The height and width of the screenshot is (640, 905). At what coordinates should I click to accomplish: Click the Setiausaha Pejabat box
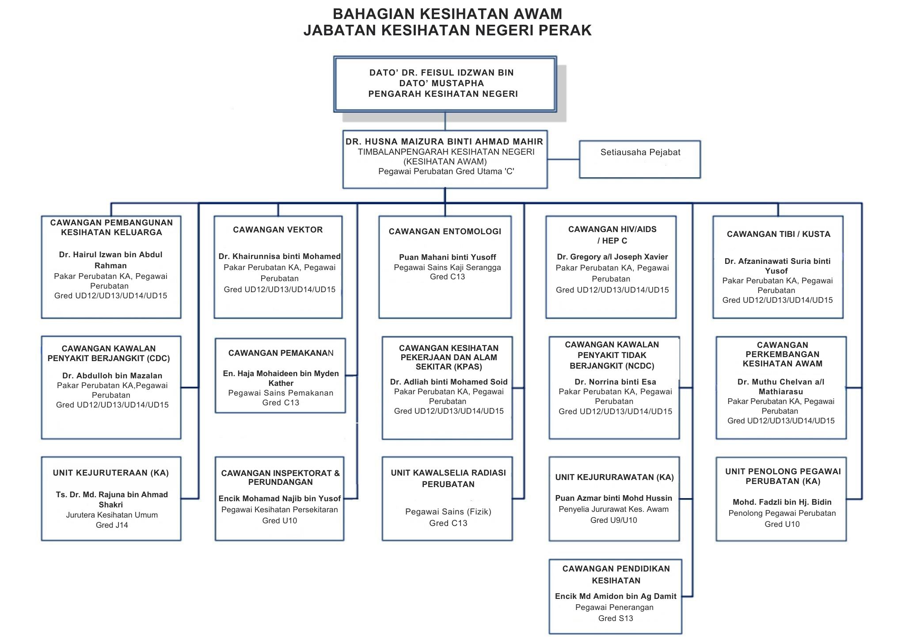tap(639, 159)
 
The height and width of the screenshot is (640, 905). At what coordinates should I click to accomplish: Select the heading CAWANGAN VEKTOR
tap(278, 230)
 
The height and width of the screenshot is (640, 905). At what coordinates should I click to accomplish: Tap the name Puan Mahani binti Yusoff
tap(447, 257)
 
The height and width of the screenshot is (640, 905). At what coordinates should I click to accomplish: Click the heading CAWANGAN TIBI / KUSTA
tap(778, 234)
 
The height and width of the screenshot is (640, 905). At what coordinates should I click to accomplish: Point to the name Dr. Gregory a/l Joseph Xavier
tap(612, 257)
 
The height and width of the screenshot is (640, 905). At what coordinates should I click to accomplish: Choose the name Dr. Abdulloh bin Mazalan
tap(112, 376)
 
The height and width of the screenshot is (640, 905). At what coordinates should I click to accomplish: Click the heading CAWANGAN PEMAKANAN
tap(281, 353)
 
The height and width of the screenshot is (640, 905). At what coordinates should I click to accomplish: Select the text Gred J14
tap(111, 525)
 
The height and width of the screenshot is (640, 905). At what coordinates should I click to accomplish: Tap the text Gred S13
tap(615, 618)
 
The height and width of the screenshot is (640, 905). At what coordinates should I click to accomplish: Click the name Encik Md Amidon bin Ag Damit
tap(615, 596)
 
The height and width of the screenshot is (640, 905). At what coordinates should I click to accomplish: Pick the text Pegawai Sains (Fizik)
tap(448, 512)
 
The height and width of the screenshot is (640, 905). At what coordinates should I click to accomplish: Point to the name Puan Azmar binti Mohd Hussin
tap(613, 498)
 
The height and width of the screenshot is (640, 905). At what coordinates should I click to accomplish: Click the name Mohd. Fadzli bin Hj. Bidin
tap(782, 502)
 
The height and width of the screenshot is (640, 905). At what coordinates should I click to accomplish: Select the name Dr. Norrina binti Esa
tap(615, 382)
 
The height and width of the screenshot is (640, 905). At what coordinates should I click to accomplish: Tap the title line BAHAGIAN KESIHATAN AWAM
tap(447, 14)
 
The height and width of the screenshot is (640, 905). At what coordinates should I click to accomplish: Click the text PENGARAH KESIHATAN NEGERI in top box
tap(443, 94)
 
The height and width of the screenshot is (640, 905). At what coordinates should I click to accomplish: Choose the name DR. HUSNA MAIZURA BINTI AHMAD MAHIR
tap(444, 142)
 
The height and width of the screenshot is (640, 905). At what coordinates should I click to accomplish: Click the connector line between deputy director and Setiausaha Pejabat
tap(563, 159)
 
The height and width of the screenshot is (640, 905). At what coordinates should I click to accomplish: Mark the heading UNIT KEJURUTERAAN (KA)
tap(110, 473)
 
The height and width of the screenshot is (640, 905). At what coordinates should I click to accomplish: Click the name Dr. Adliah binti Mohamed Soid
tap(449, 382)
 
